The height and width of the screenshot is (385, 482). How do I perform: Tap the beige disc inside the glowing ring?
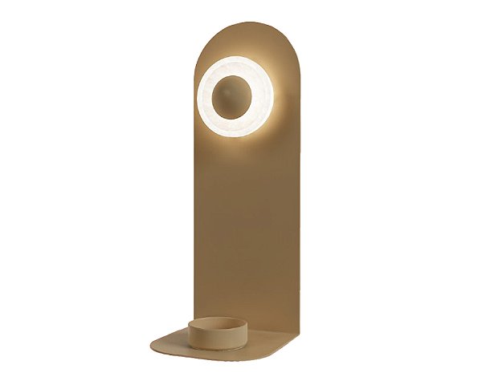[x=235, y=95]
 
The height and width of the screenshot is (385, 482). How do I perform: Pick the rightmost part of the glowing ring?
[x=273, y=95]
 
